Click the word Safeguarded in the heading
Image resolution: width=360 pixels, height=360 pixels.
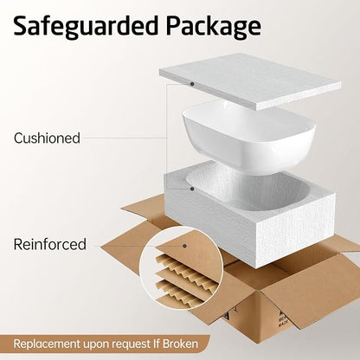(86, 27)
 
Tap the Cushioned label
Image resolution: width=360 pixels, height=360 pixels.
(47, 138)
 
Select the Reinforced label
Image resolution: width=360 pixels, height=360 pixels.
(50, 244)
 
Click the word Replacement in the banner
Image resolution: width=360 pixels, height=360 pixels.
(47, 344)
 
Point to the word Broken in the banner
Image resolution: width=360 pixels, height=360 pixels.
(180, 344)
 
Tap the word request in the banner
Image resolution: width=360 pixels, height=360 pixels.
(131, 344)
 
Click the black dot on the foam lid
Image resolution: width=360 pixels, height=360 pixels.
(192, 84)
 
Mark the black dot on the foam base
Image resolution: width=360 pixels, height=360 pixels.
(192, 189)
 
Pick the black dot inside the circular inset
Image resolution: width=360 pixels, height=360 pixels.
(184, 246)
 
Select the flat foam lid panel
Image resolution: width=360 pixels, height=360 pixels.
(250, 81)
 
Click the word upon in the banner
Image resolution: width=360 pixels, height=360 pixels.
(96, 345)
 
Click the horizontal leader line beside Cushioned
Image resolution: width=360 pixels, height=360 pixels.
(124, 138)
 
